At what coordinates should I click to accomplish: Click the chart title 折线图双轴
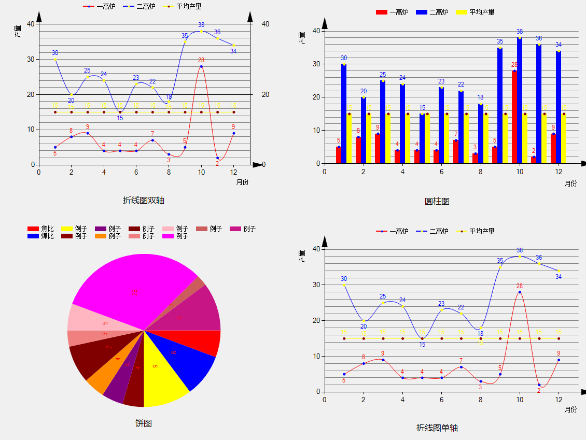tap(144, 200)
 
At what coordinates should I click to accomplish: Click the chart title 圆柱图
tap(437, 201)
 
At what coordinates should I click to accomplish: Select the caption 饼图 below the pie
tap(144, 423)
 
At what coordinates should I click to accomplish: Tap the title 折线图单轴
tap(437, 428)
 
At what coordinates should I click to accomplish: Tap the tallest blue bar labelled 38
tap(520, 98)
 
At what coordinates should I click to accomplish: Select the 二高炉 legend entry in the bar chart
tap(432, 12)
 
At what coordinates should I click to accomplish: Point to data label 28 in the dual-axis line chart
tap(201, 60)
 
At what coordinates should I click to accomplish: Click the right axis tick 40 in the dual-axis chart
tap(266, 24)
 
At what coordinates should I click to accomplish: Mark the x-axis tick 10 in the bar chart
tap(520, 172)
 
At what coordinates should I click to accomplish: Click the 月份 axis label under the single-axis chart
tap(570, 409)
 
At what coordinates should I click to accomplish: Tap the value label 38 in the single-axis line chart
tap(520, 250)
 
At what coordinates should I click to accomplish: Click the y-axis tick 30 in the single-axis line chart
tap(316, 285)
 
